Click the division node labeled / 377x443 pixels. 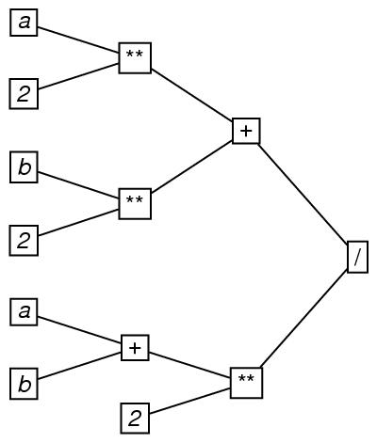[357, 257]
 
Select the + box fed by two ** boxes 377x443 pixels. [246, 131]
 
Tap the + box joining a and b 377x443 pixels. [135, 348]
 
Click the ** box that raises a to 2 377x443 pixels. [135, 58]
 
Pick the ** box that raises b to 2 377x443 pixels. [135, 204]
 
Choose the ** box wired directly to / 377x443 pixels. [246, 383]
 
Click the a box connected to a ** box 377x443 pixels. [24, 23]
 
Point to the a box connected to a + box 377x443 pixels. [24, 312]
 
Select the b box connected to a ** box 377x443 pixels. [24, 167]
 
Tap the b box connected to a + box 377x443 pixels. [24, 384]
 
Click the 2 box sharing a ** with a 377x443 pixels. [24, 94]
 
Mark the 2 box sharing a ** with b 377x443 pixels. [24, 240]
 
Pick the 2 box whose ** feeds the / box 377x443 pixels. [135, 419]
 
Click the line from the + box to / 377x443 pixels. [303, 193]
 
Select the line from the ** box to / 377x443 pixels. [303, 320]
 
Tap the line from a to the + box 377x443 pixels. [79, 330]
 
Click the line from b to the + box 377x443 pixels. [79, 365]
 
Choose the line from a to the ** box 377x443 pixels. [78, 40]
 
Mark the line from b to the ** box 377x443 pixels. [78, 185]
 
